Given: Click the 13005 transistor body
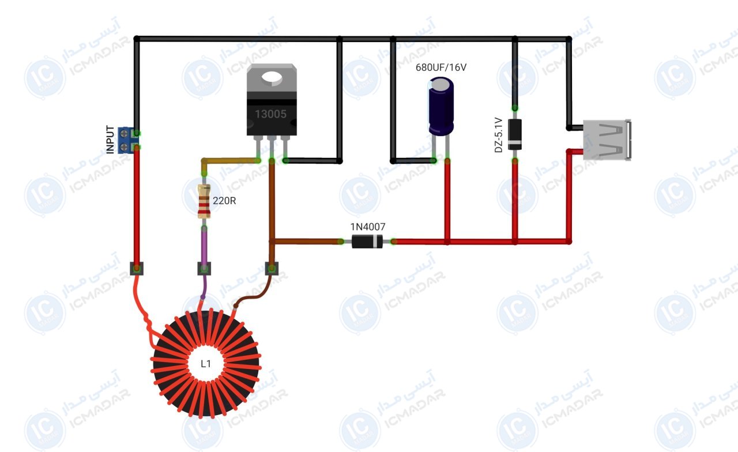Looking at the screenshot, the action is pyautogui.click(x=272, y=100).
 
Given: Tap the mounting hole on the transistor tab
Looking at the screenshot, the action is pyautogui.click(x=272, y=78).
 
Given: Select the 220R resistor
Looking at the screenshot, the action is pyautogui.click(x=204, y=201).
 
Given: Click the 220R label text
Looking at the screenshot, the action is pyautogui.click(x=224, y=201).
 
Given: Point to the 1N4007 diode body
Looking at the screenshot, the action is pyautogui.click(x=367, y=242).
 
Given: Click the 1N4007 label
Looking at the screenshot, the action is pyautogui.click(x=368, y=227).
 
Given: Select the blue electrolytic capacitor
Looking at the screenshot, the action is pyautogui.click(x=441, y=106).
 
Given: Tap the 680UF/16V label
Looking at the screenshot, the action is pyautogui.click(x=441, y=67).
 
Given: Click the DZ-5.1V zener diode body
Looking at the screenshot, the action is pyautogui.click(x=515, y=134).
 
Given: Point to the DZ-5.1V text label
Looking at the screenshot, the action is pyautogui.click(x=499, y=135).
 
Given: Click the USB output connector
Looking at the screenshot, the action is pyautogui.click(x=607, y=140).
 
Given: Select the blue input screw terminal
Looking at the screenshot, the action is pyautogui.click(x=126, y=140).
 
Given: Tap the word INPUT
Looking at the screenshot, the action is pyautogui.click(x=110, y=140).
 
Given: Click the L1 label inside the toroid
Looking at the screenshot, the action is pyautogui.click(x=206, y=364).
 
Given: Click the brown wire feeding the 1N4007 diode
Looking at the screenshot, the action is pyautogui.click(x=306, y=242).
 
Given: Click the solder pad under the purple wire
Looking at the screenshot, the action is pyautogui.click(x=204, y=269).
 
